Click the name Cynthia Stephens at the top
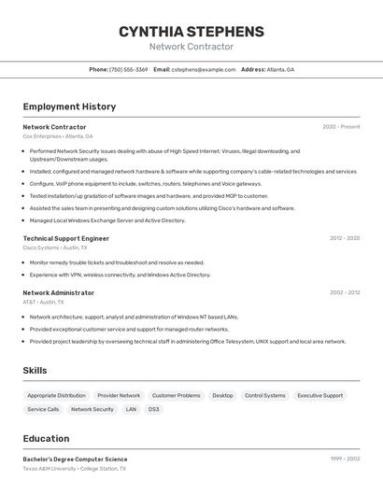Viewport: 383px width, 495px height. click(191, 32)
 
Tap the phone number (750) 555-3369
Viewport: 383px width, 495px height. click(129, 69)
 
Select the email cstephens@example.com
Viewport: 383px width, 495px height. click(204, 69)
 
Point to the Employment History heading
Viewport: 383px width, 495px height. click(69, 106)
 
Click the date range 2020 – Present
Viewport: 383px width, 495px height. click(341, 127)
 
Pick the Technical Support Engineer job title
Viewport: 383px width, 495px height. click(65, 238)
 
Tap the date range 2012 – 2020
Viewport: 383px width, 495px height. click(344, 238)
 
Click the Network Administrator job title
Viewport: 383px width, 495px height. click(58, 292)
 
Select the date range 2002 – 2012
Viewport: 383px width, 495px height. click(344, 292)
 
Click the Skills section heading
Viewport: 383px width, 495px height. click(35, 371)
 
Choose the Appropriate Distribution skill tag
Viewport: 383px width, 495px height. click(56, 395)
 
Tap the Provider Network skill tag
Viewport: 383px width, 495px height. click(119, 395)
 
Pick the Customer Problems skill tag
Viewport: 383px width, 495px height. click(177, 395)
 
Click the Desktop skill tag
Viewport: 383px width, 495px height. click(222, 395)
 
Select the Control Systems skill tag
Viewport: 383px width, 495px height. click(265, 395)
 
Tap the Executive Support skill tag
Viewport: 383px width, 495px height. click(319, 395)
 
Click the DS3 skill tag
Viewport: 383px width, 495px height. click(153, 409)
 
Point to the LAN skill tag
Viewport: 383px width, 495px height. click(131, 409)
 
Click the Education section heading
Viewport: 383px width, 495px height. click(46, 439)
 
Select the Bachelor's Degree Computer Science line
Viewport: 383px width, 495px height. click(75, 460)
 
